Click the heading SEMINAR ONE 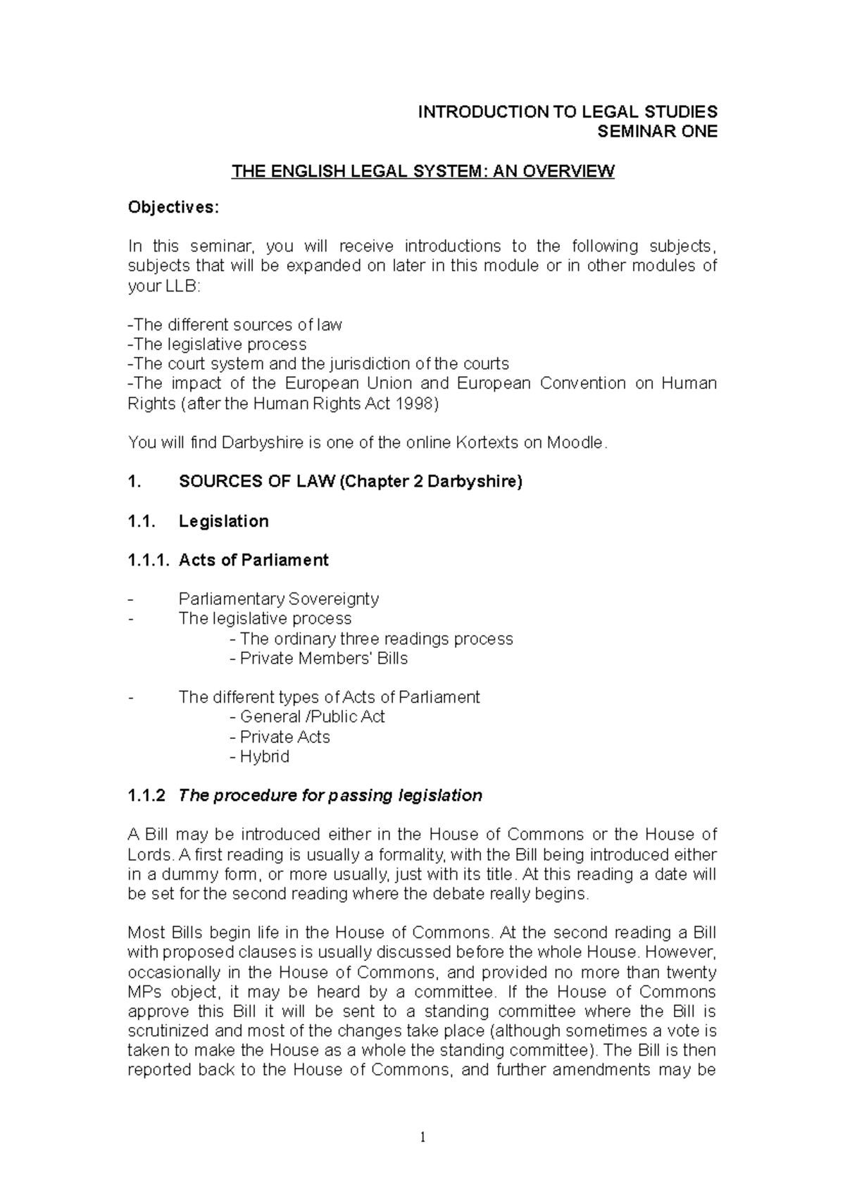click(x=656, y=132)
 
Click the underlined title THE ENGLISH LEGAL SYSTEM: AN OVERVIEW click(x=423, y=171)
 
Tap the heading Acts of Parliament click(x=254, y=560)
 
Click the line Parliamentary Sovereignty click(x=279, y=599)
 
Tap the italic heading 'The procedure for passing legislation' click(x=330, y=795)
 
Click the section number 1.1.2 click(x=146, y=795)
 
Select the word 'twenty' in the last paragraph click(x=691, y=972)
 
